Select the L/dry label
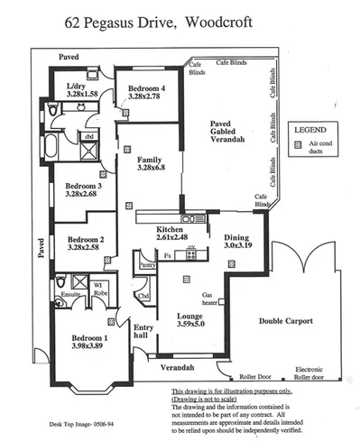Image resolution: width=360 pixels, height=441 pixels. (x=77, y=87)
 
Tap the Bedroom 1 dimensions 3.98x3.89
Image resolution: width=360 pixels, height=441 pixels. (x=90, y=347)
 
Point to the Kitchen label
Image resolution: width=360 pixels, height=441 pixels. (x=169, y=230)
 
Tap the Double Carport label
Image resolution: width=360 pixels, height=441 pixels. (x=286, y=320)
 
